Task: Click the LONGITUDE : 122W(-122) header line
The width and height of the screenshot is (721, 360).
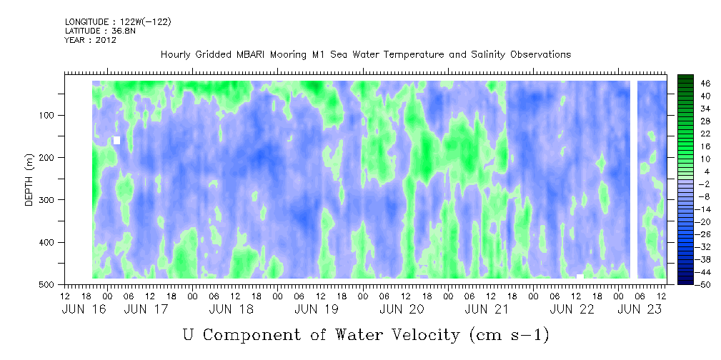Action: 118,21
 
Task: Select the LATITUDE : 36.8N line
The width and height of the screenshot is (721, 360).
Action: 100,31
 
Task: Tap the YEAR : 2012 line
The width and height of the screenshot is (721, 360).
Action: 90,40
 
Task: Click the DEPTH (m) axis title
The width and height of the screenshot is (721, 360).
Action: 29,180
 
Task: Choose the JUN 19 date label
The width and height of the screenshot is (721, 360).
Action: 317,309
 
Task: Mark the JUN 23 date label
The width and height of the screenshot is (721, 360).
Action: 640,309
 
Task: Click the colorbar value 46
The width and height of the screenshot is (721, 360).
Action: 692,84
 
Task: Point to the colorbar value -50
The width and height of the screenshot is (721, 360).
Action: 691,284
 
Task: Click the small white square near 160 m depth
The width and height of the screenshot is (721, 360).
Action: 116,140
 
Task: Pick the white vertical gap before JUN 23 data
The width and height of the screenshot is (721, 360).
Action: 634,180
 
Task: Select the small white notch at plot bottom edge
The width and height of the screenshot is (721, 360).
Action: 580,276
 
